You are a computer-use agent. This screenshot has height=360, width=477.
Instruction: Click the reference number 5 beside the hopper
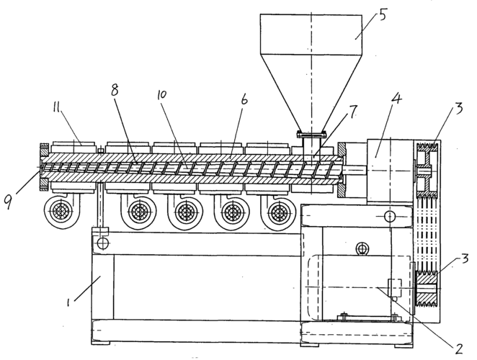(x=383, y=14)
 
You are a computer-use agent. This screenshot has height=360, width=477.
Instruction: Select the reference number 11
(x=56, y=107)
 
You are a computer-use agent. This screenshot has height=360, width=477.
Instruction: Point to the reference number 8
(x=115, y=89)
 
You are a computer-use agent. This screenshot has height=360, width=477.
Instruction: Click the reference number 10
(x=162, y=95)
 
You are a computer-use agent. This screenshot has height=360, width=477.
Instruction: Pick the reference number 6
(x=244, y=99)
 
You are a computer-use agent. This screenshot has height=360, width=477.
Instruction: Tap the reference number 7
(x=352, y=112)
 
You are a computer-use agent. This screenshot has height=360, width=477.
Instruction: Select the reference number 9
(x=8, y=202)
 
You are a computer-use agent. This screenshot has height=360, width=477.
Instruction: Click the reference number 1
(x=68, y=302)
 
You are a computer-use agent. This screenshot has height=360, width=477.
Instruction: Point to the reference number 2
(x=458, y=348)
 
